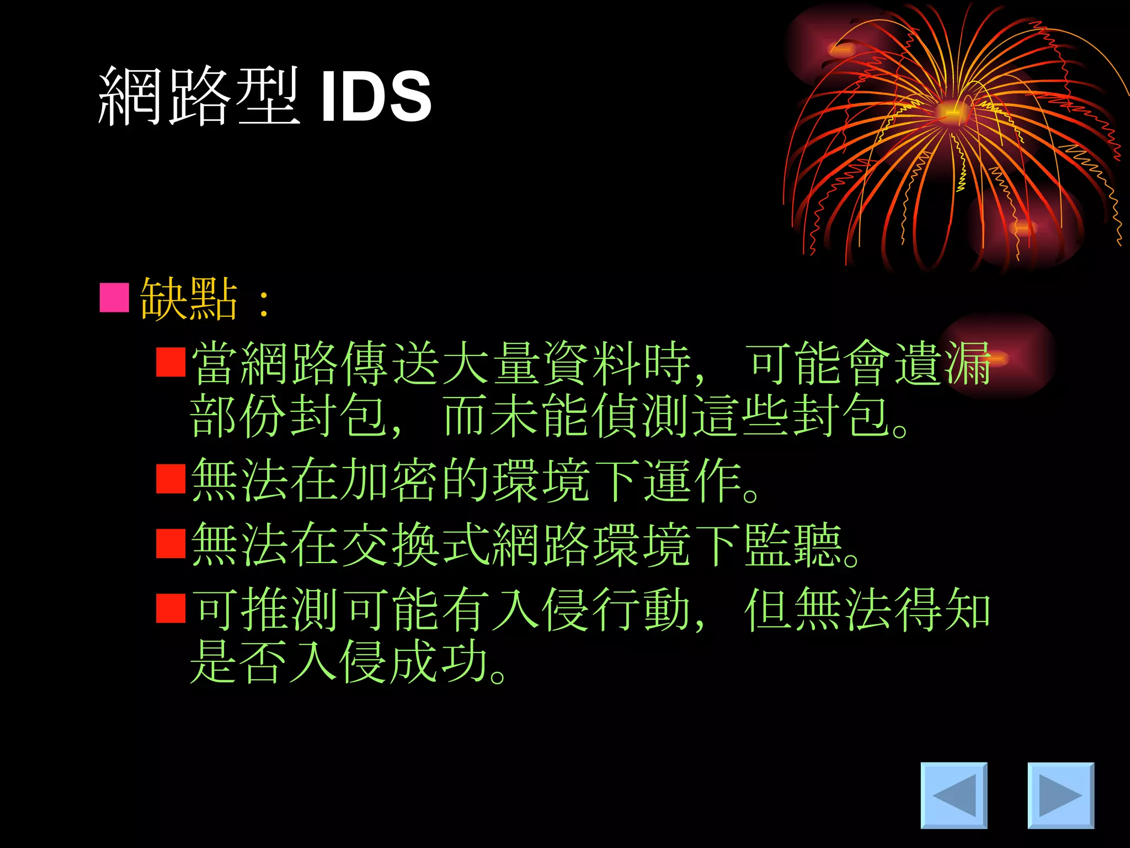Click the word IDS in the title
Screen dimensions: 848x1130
point(375,97)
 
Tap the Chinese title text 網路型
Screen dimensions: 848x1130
point(199,97)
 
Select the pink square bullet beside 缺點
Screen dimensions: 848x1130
point(114,298)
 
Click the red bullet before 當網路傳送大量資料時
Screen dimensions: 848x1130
point(170,362)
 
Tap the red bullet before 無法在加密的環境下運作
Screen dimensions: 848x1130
point(170,479)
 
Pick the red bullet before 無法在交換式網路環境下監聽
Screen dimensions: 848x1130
point(170,544)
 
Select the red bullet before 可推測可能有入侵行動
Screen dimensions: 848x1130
point(170,608)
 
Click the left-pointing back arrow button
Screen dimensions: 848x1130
point(953,795)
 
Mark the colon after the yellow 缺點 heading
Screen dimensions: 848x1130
point(264,303)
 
